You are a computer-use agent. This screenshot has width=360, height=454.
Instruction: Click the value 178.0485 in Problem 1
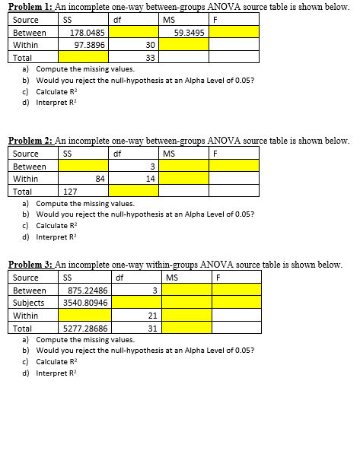click(x=87, y=33)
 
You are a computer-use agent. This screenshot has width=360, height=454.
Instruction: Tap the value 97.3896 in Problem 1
click(x=89, y=45)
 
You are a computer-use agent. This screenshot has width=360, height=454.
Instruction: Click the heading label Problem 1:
click(x=30, y=6)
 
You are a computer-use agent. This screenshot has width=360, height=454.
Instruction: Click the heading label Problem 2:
click(x=30, y=141)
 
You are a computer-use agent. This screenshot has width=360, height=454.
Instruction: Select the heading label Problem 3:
click(x=30, y=264)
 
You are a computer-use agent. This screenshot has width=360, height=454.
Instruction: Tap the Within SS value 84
click(x=99, y=179)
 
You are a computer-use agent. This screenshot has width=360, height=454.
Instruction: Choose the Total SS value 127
click(x=70, y=192)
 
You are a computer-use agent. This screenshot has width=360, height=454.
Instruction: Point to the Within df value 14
click(x=151, y=179)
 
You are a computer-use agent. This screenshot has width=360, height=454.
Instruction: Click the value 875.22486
click(x=87, y=290)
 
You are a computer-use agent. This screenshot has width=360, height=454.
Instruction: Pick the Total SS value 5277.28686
click(x=84, y=328)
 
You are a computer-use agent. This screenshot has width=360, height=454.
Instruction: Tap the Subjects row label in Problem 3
click(x=29, y=302)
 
